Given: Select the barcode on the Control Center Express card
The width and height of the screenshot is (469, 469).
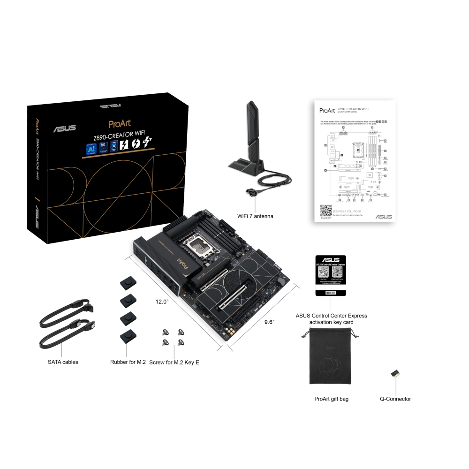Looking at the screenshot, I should (331, 293).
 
